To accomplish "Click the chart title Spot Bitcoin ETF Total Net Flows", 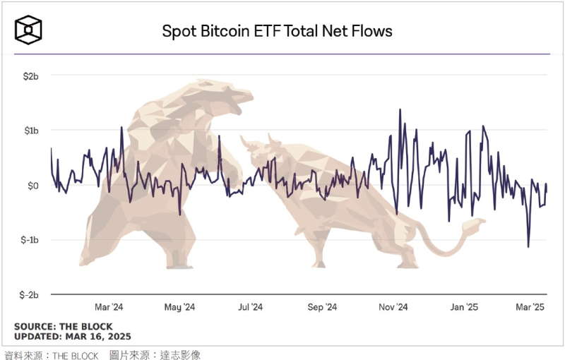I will (x=277, y=31).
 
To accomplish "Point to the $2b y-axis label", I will (x=30, y=76).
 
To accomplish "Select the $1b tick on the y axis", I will (x=30, y=131).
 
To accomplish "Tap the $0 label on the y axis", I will (x=32, y=185).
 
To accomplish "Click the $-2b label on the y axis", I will (x=28, y=294).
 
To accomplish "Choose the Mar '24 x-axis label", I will (x=109, y=307).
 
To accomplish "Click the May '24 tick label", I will (x=179, y=307).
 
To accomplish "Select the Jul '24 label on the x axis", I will (x=250, y=307).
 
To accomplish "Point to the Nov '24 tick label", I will (x=393, y=307).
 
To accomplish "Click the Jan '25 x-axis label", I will (x=464, y=307).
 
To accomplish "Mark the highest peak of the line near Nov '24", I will (x=400, y=109).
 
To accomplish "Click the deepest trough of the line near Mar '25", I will (x=528, y=247).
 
